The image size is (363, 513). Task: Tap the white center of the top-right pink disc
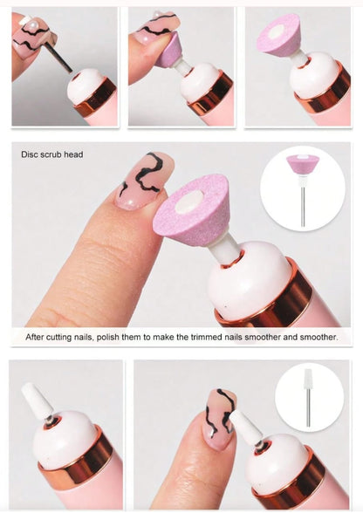276,31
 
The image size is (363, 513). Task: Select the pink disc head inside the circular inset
302,165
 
